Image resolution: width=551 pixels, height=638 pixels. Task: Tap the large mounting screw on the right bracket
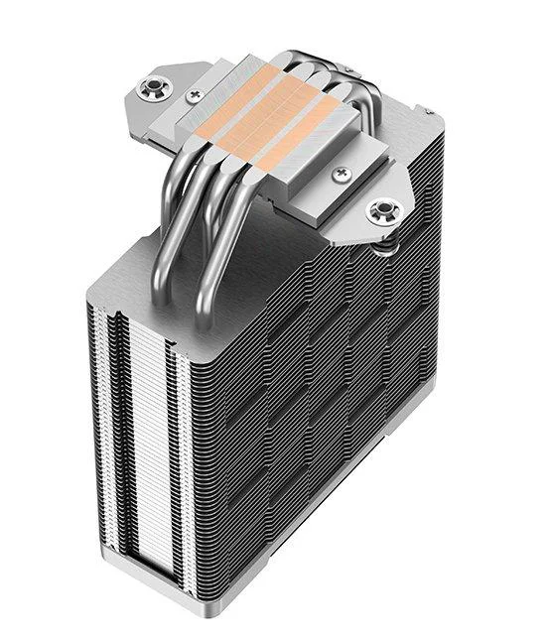click(381, 209)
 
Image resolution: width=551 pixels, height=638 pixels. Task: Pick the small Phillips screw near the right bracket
click(344, 174)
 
